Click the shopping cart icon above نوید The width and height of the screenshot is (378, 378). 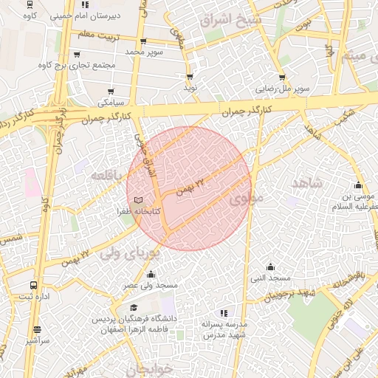pos(190,77)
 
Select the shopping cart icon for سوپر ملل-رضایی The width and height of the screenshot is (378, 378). pos(282,78)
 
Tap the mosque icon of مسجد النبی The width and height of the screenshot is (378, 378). pos(270,267)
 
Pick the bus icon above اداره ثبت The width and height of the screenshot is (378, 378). pos(34,285)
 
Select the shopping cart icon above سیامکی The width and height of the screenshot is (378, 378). pos(111,92)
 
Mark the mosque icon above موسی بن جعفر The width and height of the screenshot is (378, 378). pos(359,185)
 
